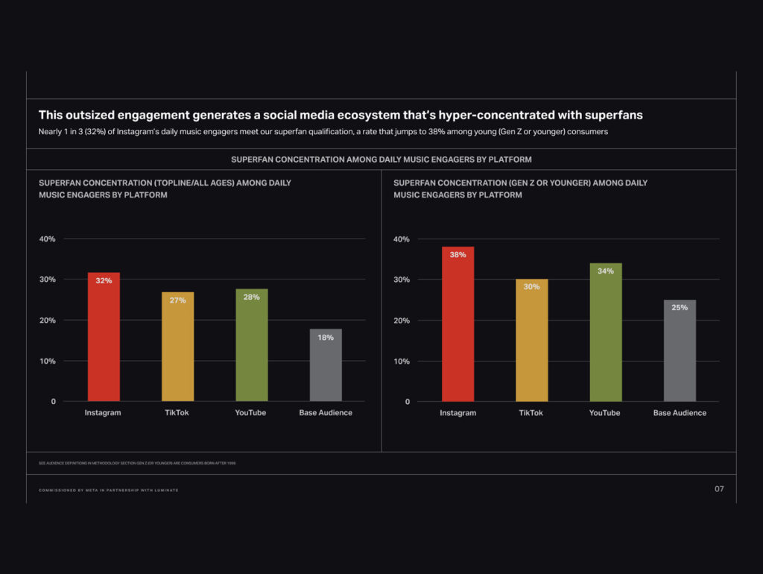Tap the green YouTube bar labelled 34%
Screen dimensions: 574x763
pyautogui.click(x=605, y=332)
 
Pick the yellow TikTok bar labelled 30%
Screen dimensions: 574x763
pyautogui.click(x=531, y=341)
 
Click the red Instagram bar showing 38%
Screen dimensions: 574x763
pyautogui.click(x=458, y=324)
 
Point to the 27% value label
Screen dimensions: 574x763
pyautogui.click(x=177, y=300)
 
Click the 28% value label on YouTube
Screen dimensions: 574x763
pyautogui.click(x=252, y=297)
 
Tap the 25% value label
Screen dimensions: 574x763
pyautogui.click(x=680, y=308)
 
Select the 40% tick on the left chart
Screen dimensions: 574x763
pyautogui.click(x=47, y=239)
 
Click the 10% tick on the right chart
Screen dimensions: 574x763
pyautogui.click(x=401, y=362)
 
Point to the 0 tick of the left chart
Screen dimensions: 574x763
pyautogui.click(x=53, y=402)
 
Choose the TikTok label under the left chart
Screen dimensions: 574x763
pyautogui.click(x=177, y=413)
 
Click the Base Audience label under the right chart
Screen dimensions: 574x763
pyautogui.click(x=680, y=413)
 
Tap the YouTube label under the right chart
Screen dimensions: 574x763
pyautogui.click(x=604, y=413)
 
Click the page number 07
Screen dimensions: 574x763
pyautogui.click(x=718, y=489)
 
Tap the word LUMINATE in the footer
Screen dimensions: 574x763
pyautogui.click(x=165, y=491)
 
